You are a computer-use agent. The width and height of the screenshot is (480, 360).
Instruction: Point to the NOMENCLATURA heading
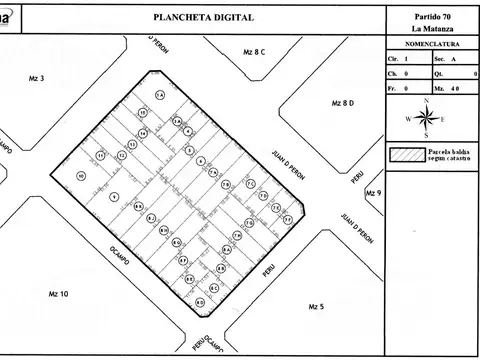coord(430,46)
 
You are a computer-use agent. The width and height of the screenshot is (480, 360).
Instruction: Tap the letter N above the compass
coord(428,102)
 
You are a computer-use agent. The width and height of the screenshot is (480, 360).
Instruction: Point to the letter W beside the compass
coord(408,119)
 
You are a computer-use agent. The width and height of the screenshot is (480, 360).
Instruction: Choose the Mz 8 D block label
coord(343,103)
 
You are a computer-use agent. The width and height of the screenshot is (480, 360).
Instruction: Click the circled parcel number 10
coord(80,175)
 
